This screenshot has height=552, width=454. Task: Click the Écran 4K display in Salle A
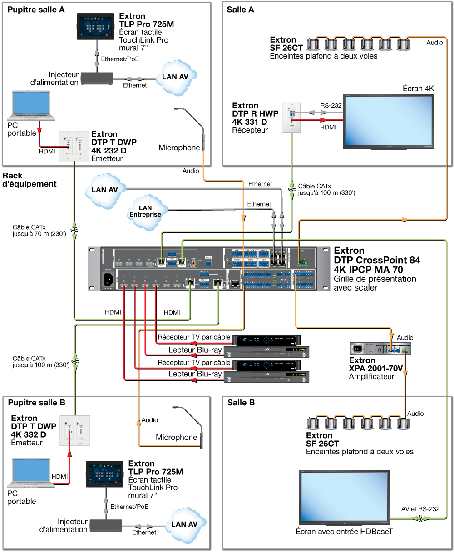[x=389, y=121]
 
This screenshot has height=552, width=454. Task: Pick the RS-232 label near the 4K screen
[x=331, y=105]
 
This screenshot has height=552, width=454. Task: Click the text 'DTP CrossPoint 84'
[x=377, y=260]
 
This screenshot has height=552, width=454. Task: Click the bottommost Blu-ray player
[x=266, y=376]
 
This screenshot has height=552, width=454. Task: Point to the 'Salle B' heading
[x=241, y=403]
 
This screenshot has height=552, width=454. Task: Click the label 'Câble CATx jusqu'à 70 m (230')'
[x=39, y=231]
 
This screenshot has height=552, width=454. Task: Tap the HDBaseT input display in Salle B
[x=344, y=498]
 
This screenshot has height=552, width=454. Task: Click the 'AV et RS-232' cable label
[x=420, y=509]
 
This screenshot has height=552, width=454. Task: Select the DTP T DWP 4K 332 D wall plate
[x=75, y=431]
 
